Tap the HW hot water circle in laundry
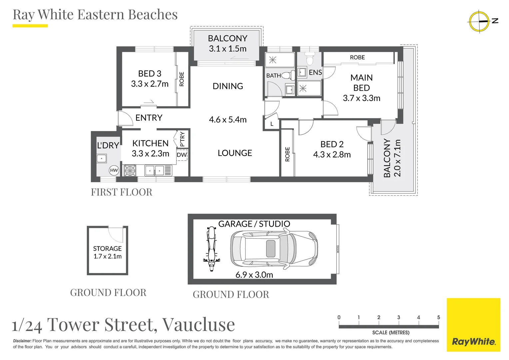click(114, 170)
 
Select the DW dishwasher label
click(182, 155)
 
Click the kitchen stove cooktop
click(130, 170)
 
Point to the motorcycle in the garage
click(212, 249)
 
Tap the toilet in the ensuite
click(310, 59)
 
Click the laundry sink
click(102, 158)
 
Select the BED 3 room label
click(150, 73)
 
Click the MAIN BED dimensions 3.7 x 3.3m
click(361, 98)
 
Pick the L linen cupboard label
click(272, 124)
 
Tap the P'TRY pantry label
click(182, 139)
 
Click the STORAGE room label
click(107, 249)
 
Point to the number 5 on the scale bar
click(438, 317)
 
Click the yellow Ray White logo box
click(473, 325)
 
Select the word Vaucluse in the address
click(199, 325)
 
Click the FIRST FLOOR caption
click(122, 192)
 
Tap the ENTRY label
click(149, 118)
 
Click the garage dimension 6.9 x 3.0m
click(254, 275)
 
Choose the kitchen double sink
click(154, 171)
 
